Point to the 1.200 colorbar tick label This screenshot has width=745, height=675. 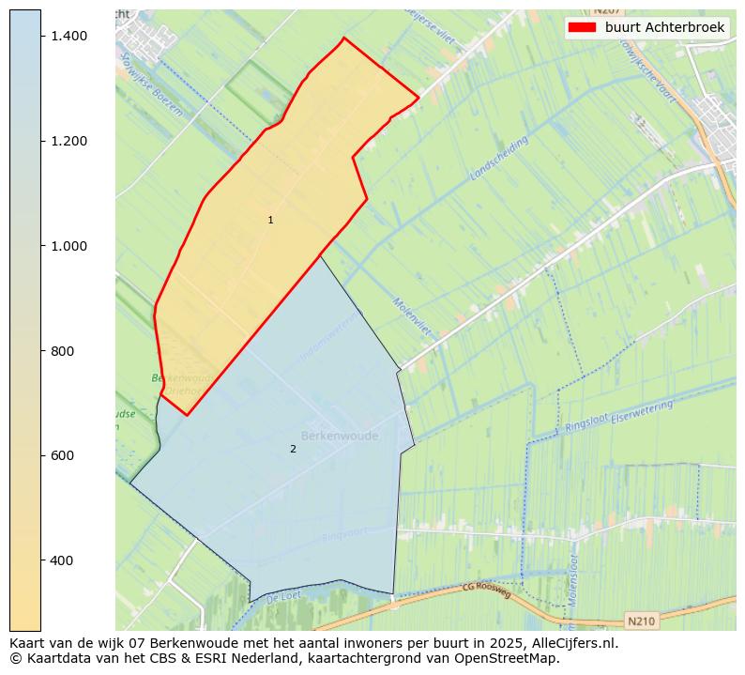(x=68, y=141)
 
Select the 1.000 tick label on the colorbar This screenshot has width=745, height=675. (x=68, y=246)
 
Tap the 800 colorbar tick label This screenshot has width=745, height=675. (x=62, y=351)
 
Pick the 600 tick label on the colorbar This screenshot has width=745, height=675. (x=62, y=455)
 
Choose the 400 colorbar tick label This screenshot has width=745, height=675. (x=62, y=560)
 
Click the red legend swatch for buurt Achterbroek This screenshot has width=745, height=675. (x=582, y=27)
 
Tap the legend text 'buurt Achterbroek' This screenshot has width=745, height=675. (x=664, y=27)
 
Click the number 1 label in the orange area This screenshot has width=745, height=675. (x=270, y=221)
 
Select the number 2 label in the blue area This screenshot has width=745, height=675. (x=293, y=449)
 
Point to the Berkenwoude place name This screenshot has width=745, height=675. (x=340, y=436)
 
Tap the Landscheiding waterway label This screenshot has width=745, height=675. (x=500, y=157)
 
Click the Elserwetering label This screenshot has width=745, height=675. (x=642, y=410)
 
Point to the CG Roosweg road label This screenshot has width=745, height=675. (x=486, y=591)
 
